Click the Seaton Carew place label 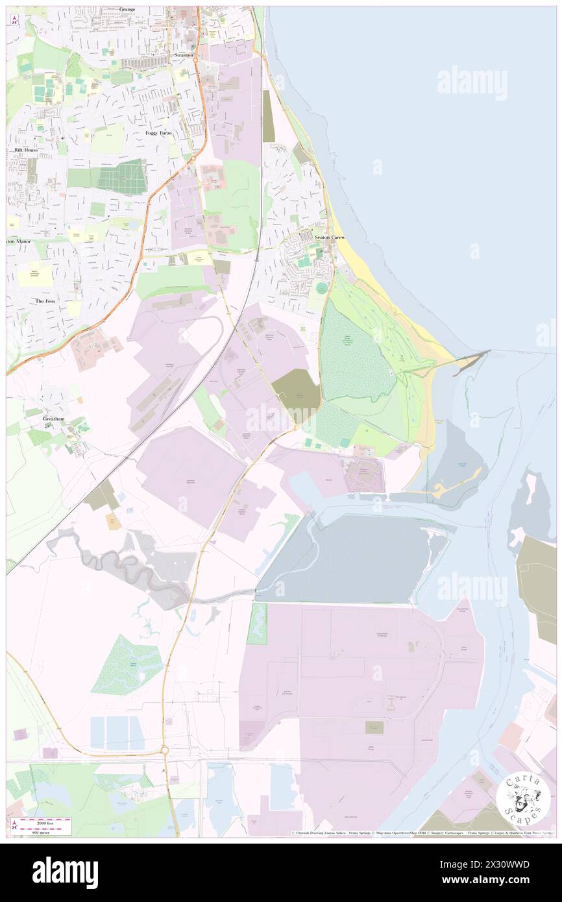[330, 238]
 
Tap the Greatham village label [55, 419]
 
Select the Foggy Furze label [158, 133]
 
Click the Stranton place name [184, 56]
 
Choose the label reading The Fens [50, 302]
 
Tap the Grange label [127, 9]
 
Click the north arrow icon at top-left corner [13, 19]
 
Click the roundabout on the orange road [165, 750]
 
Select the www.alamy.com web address [487, 880]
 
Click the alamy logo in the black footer [65, 872]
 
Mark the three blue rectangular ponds [117, 733]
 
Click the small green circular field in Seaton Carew [322, 287]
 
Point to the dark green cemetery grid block [123, 176]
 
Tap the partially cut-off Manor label [19, 241]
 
